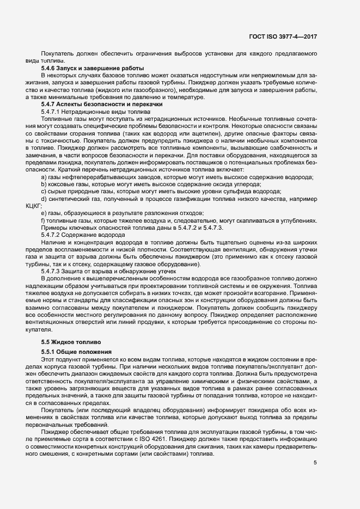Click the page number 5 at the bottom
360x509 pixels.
tap(315, 463)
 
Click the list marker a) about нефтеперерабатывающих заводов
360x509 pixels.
tap(44, 177)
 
